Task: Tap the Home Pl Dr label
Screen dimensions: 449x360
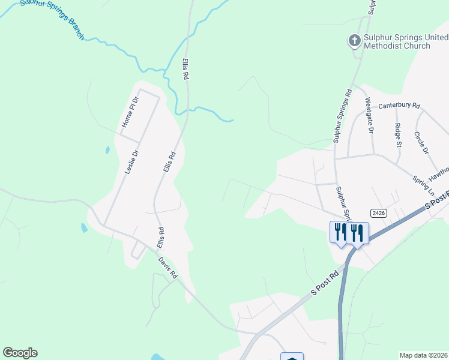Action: pos(130,111)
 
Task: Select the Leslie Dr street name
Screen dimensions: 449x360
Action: pos(131,161)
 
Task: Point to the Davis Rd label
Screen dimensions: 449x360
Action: pos(168,268)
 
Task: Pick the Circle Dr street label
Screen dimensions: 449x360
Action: pos(421,142)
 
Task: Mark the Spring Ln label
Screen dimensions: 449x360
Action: pos(423,187)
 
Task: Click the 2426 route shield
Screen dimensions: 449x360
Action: pos(378,212)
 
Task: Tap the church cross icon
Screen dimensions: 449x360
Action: pos(354,41)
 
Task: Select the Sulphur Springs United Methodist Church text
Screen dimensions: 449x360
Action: pos(398,41)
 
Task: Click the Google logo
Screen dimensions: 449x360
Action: pos(20,353)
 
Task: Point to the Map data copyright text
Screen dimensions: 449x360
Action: pos(424,355)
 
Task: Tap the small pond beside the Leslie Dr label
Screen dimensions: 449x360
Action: pos(107,150)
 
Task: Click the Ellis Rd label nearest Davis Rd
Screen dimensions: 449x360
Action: pos(161,238)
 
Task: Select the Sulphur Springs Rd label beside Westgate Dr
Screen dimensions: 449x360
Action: pos(342,116)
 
